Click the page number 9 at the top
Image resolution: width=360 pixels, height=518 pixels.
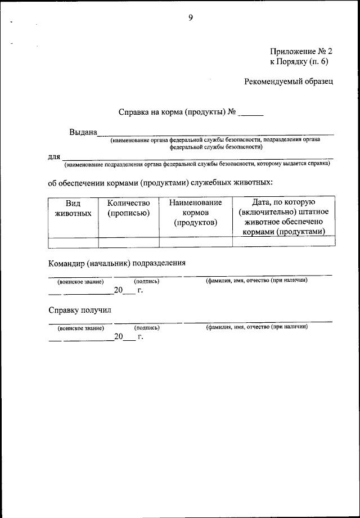click(191, 18)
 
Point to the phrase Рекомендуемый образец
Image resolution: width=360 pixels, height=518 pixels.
click(289, 82)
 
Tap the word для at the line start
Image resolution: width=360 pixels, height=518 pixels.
click(53, 156)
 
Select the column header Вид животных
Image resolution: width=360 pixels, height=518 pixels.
click(74, 208)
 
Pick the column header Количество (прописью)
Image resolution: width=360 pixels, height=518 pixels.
click(129, 208)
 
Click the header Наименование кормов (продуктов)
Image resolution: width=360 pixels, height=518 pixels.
click(195, 213)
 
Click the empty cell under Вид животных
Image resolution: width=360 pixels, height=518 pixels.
click(74, 242)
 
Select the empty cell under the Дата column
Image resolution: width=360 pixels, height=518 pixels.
click(283, 242)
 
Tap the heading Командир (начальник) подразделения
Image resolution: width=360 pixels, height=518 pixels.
click(116, 263)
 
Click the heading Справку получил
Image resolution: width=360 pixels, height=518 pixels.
click(80, 310)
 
